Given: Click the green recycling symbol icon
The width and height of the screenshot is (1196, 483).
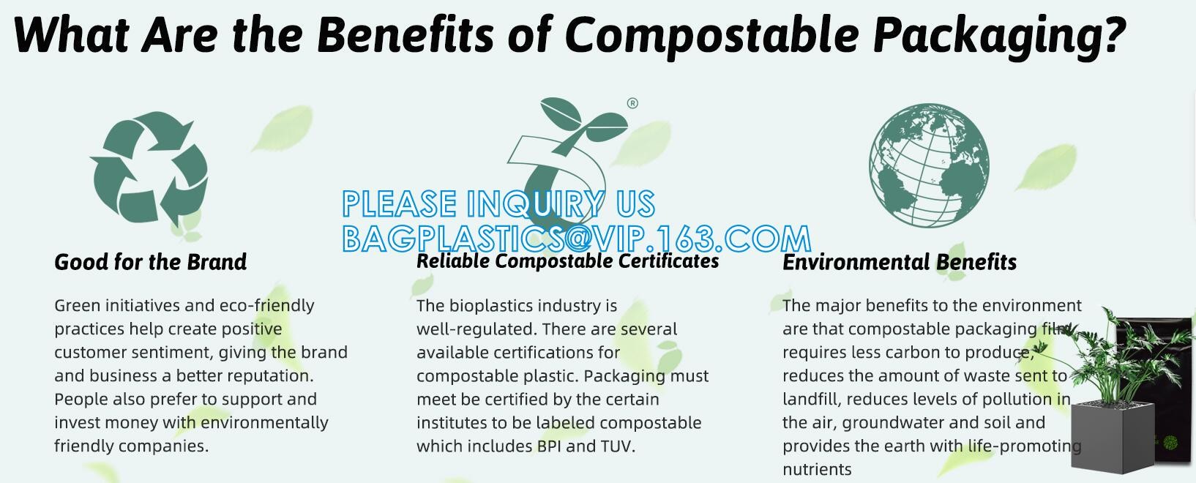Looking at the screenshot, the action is tap(149, 168).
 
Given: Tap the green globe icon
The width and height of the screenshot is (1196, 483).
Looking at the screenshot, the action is tap(929, 165).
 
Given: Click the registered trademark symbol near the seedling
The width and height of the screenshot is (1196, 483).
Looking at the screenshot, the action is tap(632, 103).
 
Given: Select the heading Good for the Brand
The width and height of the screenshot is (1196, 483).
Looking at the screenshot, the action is tap(151, 262).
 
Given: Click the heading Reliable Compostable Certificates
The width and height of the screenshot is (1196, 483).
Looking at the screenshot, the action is tap(567, 261).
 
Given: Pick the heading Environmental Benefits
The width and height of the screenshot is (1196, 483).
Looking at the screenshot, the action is tap(900, 262).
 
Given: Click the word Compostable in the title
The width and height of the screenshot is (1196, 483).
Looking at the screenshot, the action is tap(711, 35).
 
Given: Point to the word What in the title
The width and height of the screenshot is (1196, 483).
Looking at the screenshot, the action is tap(71, 34).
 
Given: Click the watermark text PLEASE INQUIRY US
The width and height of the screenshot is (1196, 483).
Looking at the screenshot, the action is tap(498, 203).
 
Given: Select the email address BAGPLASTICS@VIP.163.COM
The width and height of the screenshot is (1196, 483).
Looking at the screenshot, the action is tap(577, 238).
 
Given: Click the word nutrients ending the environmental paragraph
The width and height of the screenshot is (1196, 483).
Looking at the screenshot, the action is tap(817, 469).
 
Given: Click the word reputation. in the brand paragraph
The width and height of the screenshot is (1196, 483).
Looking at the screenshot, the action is tap(271, 376).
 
